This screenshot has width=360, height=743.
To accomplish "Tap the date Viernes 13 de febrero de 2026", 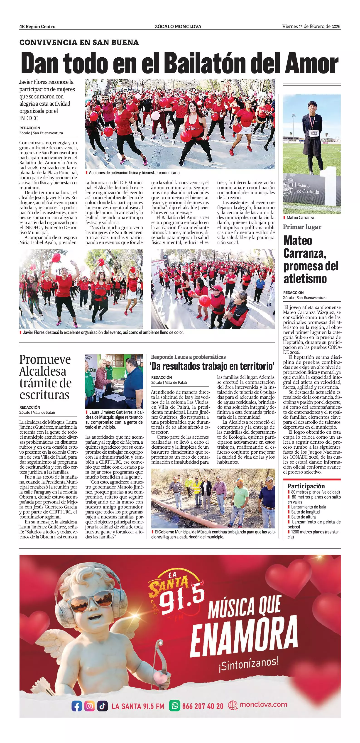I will (x=311, y=27).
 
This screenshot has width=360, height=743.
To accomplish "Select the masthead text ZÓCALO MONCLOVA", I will (x=178, y=27).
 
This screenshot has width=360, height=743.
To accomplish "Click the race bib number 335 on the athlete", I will (x=314, y=133).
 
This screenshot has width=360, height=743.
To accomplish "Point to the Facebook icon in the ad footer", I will (x=77, y=706).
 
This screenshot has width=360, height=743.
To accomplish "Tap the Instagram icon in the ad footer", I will (x=90, y=706).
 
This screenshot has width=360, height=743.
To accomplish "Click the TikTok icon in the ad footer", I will (x=102, y=706).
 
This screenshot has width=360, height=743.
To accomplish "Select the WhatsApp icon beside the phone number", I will (x=174, y=706).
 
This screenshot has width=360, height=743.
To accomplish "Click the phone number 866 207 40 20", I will (x=203, y=706).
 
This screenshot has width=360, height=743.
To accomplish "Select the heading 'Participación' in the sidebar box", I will (x=306, y=486).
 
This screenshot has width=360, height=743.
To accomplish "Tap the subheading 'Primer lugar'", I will (x=302, y=227).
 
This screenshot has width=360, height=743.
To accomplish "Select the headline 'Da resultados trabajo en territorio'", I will (x=212, y=366).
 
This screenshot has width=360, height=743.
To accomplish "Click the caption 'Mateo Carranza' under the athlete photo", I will (x=300, y=218).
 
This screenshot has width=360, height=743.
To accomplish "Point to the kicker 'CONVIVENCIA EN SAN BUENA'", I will (x=79, y=42).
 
